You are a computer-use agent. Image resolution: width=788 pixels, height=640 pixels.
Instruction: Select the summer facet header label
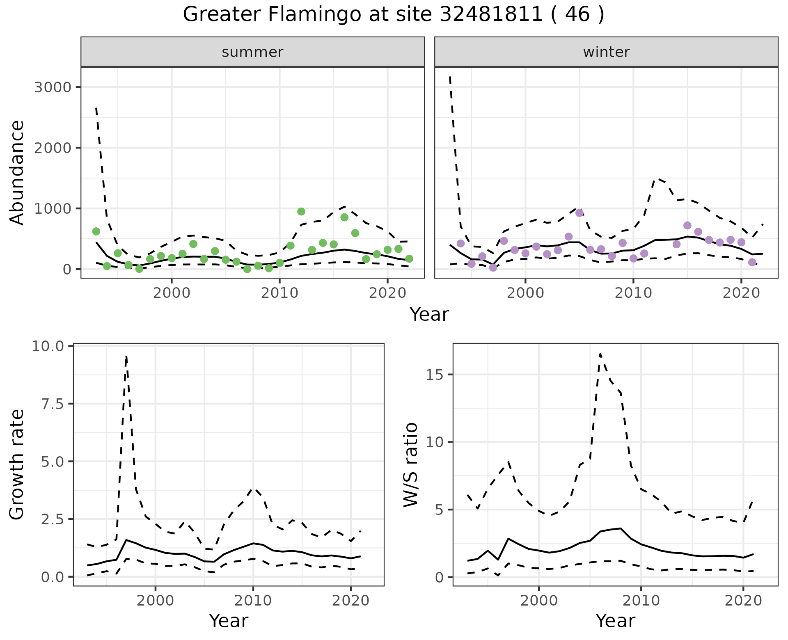(252, 52)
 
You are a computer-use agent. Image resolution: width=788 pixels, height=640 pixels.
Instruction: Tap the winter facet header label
(606, 52)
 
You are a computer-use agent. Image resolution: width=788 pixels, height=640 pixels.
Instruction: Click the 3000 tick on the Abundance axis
(53, 87)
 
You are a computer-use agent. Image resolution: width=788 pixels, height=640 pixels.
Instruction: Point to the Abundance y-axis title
(17, 172)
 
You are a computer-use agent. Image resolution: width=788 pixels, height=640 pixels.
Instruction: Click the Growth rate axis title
(17, 465)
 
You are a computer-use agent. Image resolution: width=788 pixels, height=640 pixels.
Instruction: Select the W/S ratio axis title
(411, 465)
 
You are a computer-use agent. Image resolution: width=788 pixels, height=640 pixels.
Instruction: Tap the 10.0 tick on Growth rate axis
(48, 346)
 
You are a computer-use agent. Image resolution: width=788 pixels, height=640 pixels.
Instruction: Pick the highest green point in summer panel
(301, 212)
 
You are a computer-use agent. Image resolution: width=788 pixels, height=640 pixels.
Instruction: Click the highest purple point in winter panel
(580, 213)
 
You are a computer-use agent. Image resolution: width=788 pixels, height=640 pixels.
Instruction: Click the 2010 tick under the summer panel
(279, 293)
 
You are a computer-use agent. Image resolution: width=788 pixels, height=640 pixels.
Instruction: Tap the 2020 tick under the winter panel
(741, 293)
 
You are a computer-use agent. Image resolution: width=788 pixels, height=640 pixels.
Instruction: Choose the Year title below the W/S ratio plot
(615, 621)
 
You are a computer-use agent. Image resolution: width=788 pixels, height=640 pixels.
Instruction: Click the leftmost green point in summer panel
(96, 231)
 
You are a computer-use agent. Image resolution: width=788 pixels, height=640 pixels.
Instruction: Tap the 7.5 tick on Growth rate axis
(53, 404)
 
